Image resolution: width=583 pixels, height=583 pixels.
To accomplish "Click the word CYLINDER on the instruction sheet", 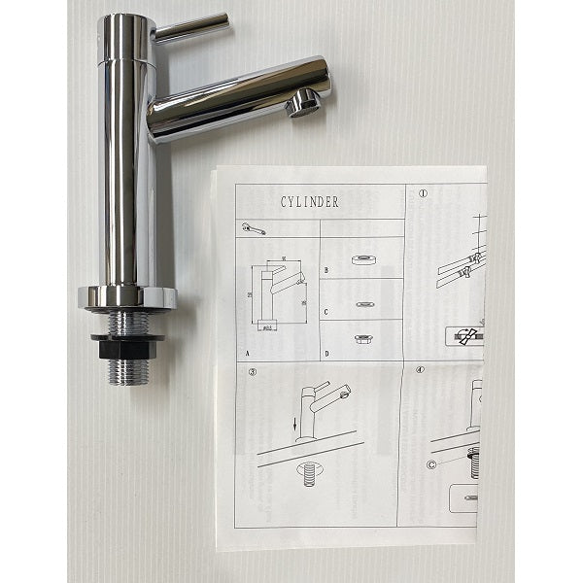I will (x=308, y=202).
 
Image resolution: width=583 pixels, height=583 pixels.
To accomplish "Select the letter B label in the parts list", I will (x=326, y=271).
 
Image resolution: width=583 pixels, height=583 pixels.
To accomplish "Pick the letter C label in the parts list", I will (x=326, y=313).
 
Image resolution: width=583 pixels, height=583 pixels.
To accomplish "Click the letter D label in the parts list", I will (x=326, y=354).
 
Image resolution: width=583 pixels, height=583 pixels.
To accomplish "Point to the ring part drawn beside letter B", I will (x=366, y=259).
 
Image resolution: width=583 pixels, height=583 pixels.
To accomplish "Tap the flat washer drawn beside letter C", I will (x=365, y=303).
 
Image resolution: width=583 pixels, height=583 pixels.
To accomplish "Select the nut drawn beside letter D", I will (x=363, y=341).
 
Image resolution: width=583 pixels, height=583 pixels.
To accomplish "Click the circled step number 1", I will (x=423, y=193).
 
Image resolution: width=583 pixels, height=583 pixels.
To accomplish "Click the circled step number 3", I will (x=253, y=372).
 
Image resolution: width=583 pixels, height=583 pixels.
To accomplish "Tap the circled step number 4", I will (x=421, y=370).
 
